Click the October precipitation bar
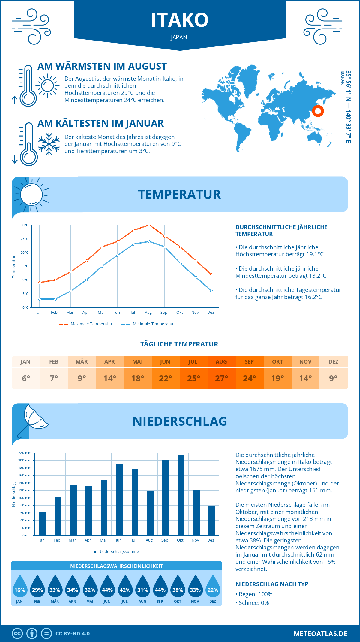click(x=181, y=495)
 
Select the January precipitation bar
click(x=43, y=523)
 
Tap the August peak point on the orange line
click(x=149, y=225)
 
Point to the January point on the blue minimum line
click(x=40, y=299)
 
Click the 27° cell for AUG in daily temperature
click(x=221, y=378)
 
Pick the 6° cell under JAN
click(x=26, y=378)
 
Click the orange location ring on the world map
click(x=318, y=111)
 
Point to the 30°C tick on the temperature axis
click(x=25, y=225)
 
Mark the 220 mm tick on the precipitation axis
click(x=25, y=453)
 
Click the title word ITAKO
click(x=180, y=20)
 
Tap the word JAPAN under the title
click(x=179, y=37)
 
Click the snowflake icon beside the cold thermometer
click(x=49, y=144)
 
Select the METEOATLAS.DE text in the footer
click(x=320, y=634)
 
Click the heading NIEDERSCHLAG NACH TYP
click(x=272, y=584)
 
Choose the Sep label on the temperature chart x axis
click(x=164, y=313)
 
